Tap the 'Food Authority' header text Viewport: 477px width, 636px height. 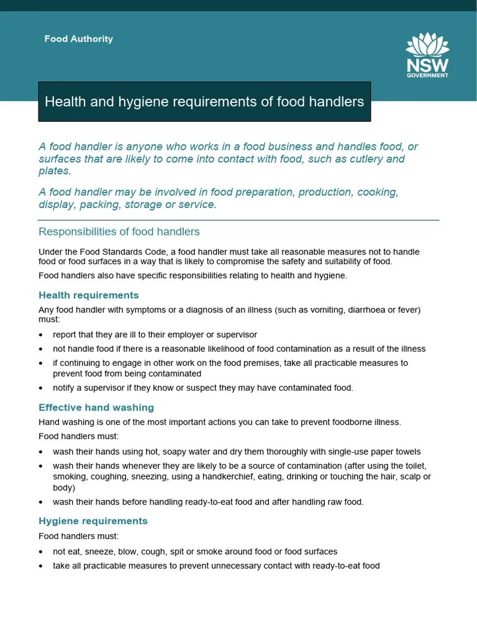click(x=79, y=39)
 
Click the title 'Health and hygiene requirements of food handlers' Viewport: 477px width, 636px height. click(x=204, y=101)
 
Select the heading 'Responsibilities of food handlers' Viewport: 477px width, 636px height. click(x=119, y=232)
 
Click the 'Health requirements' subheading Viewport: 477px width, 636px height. click(x=89, y=295)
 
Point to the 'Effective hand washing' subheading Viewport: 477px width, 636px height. click(x=96, y=407)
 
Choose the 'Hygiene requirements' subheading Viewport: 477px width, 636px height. click(x=93, y=520)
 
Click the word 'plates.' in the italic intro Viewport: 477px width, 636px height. click(x=55, y=171)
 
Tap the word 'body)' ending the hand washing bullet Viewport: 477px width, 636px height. click(x=64, y=488)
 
